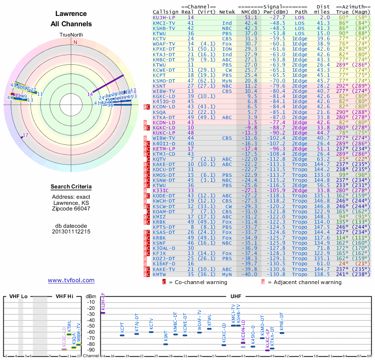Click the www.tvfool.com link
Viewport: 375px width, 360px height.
coord(71,280)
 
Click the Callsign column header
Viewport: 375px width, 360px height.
coord(166,11)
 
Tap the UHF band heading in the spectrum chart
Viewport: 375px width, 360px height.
coord(236,296)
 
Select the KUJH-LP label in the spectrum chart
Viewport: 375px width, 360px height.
coord(103,301)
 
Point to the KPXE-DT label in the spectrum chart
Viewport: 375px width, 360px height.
coord(282,322)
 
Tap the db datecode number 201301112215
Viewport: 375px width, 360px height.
coord(71,232)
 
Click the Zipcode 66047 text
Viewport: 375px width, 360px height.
coord(71,209)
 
